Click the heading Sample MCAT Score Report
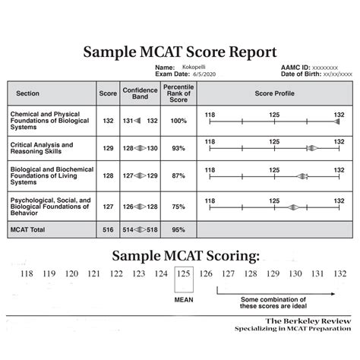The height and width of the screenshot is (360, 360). click(180, 53)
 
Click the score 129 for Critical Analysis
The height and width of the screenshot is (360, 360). click(108, 148)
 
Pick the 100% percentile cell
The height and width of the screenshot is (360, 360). click(178, 121)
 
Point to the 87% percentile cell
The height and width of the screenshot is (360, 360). click(178, 175)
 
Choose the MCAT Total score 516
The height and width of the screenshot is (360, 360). click(108, 227)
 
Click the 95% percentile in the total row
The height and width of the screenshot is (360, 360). click(178, 227)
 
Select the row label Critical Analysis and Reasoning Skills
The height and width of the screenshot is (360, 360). click(46, 148)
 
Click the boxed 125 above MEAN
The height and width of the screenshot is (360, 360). click(183, 273)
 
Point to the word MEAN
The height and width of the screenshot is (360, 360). click(183, 299)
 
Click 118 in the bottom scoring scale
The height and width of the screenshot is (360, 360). click(28, 273)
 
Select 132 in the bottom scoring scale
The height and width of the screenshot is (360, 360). click(339, 273)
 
